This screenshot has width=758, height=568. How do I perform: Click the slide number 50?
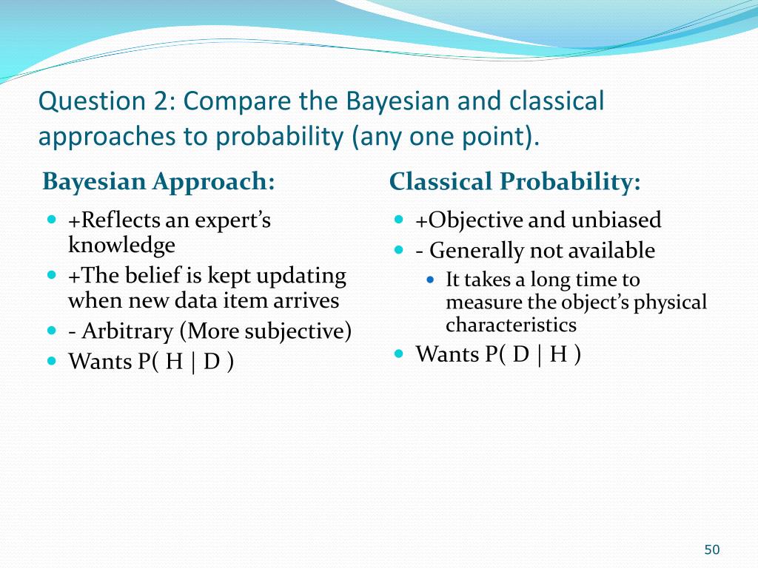click(x=711, y=550)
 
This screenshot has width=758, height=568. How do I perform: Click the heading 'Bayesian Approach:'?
click(x=158, y=183)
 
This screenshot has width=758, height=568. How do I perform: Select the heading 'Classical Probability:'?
click(x=515, y=183)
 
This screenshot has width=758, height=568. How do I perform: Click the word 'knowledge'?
click(x=121, y=245)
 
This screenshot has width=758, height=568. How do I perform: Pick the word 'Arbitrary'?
click(x=127, y=332)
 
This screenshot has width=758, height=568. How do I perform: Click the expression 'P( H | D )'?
click(x=186, y=362)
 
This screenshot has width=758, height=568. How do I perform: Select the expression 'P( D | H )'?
click(x=533, y=354)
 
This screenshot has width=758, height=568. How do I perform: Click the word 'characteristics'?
click(x=511, y=325)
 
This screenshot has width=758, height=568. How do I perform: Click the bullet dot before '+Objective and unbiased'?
click(x=399, y=219)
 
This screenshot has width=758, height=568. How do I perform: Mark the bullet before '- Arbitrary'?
click(x=53, y=331)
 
